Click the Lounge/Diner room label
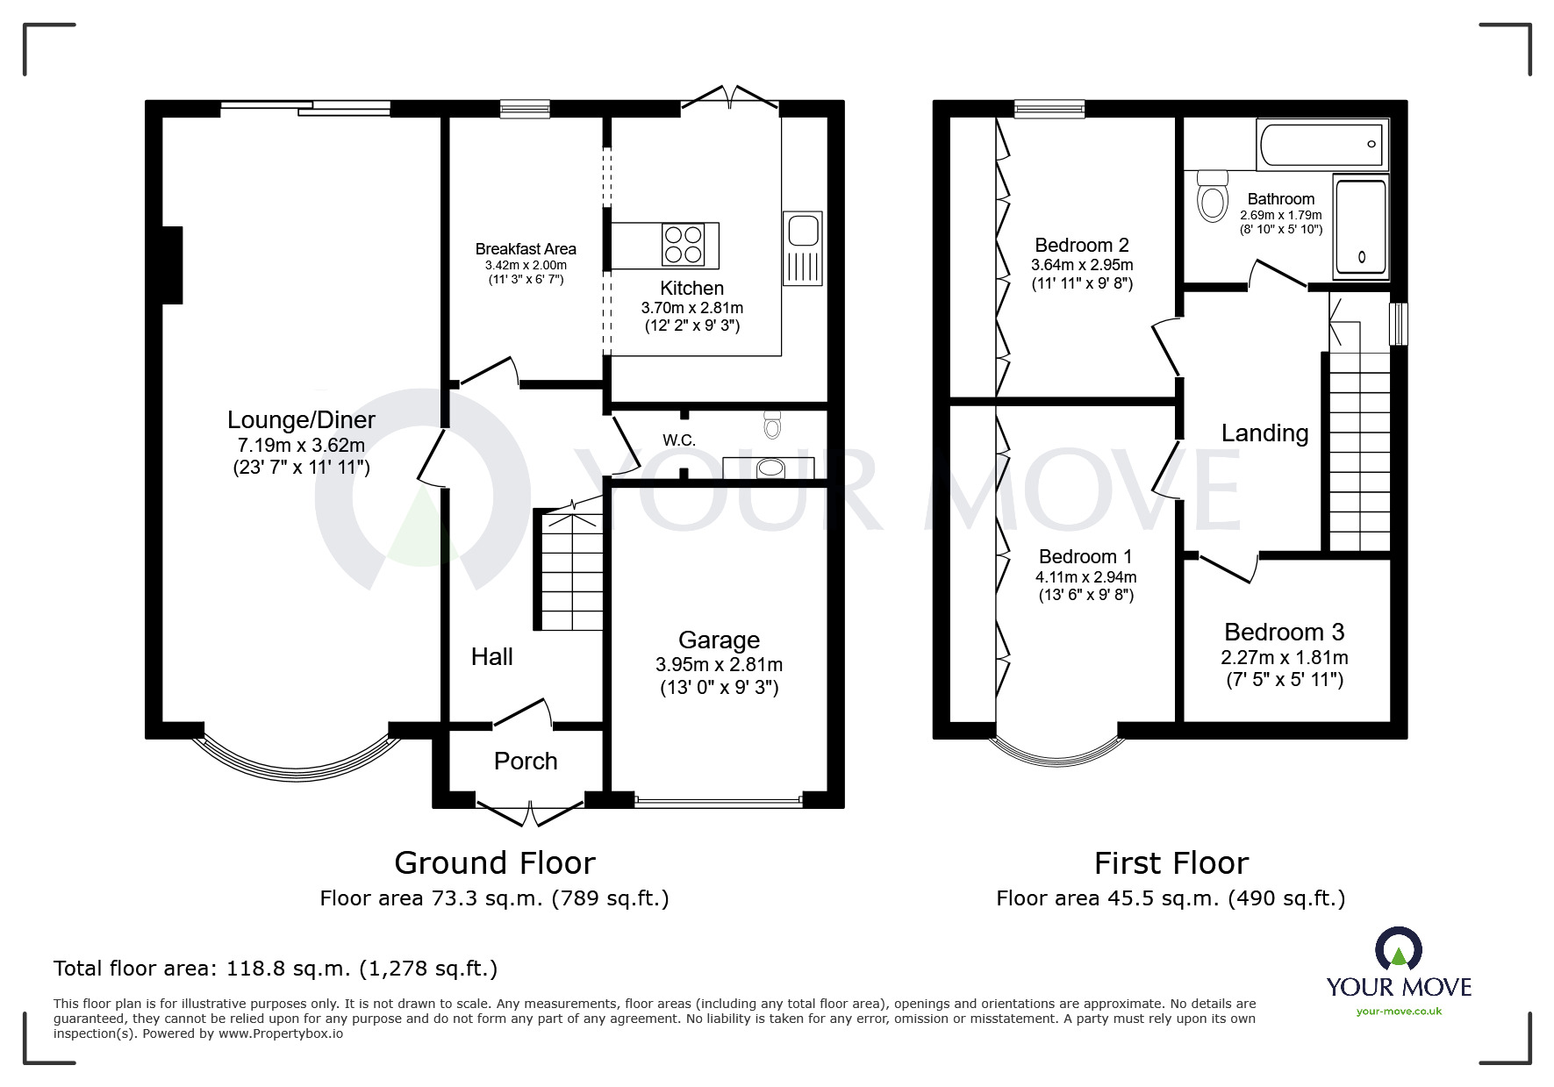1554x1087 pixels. coord(301,420)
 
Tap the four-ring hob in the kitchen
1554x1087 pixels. coord(684,245)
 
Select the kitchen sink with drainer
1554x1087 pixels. coord(803,248)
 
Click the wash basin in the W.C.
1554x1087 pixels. coord(770,468)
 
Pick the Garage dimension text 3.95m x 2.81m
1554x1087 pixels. coord(719,665)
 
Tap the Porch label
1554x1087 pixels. coord(526,761)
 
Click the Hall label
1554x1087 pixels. coord(491,656)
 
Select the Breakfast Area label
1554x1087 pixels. coord(526,249)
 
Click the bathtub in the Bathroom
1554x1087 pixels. coord(1321,144)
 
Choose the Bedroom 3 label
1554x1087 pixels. coord(1284,632)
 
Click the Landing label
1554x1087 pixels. coord(1264,433)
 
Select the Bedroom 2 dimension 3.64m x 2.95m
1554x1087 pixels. coord(1081,265)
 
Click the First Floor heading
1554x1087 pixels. coord(1171,863)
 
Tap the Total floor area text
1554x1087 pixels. coord(276,969)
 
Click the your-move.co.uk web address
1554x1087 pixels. coord(1399,1012)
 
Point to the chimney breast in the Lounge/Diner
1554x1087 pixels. coord(172,265)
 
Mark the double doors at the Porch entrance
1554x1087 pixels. coord(529,812)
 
